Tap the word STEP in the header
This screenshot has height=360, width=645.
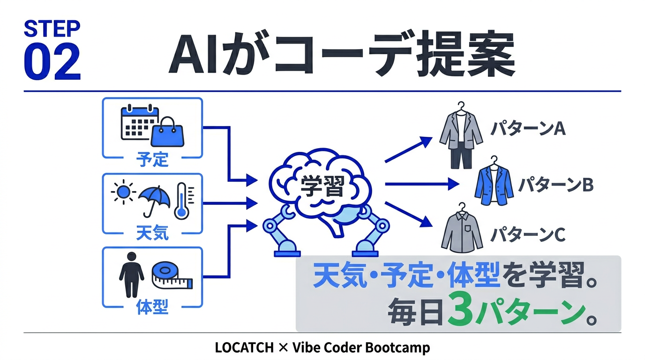point(52,29)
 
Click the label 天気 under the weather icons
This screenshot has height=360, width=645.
point(152,233)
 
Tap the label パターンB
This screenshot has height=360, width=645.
point(555,185)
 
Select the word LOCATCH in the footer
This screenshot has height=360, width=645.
point(244,348)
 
